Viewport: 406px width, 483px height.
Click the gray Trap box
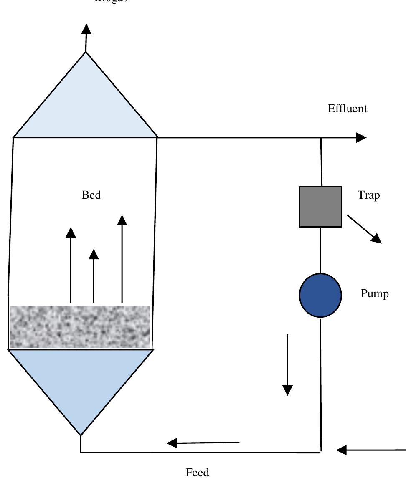[x=320, y=207]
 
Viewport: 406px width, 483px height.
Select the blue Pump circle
[x=320, y=295]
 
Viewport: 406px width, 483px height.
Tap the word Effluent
[x=347, y=109]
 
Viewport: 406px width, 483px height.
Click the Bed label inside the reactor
[x=91, y=195]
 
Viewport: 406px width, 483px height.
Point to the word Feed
[x=197, y=473]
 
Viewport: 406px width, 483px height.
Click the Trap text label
[x=368, y=195]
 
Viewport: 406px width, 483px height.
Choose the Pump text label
[x=374, y=294]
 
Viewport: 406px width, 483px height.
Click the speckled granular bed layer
[x=80, y=326]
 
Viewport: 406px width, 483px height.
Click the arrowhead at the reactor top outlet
[x=86, y=29]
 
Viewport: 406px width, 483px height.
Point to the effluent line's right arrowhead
[x=361, y=137]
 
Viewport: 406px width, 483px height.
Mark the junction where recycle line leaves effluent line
[x=321, y=138]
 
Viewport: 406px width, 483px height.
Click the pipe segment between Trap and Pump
[x=320, y=250]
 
